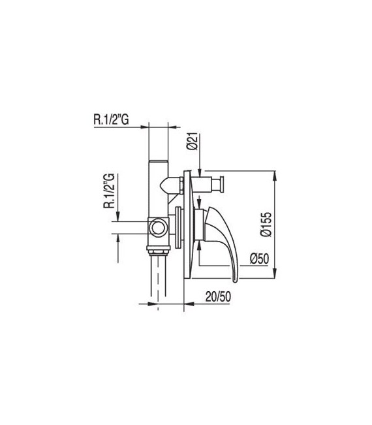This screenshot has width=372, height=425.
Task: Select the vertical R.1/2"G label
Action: [109, 190]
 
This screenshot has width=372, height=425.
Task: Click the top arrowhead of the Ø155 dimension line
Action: [275, 176]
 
